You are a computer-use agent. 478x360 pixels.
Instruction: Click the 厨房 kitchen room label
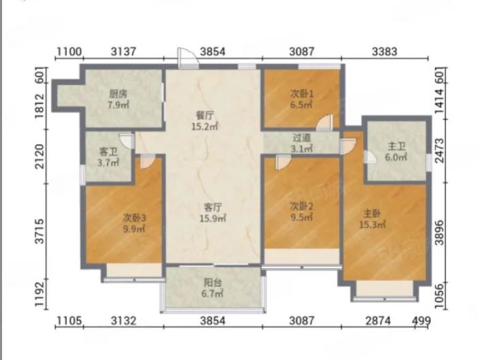tap(118, 94)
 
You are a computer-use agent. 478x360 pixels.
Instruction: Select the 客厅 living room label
tap(212, 208)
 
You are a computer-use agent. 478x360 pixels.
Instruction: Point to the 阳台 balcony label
tap(212, 283)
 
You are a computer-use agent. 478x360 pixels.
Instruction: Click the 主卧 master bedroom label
tap(372, 214)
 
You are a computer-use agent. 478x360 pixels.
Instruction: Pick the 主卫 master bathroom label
tap(396, 146)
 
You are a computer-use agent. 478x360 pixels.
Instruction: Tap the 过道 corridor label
tap(302, 138)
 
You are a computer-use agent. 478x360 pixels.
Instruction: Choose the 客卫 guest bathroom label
tap(108, 152)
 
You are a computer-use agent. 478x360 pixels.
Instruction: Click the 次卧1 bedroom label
tap(302, 94)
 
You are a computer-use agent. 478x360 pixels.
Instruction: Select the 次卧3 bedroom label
tap(134, 218)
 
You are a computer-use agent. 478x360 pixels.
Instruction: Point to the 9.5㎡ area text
tap(302, 218)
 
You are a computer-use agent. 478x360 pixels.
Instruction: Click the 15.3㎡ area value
tap(372, 225)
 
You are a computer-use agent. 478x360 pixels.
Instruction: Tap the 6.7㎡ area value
tap(212, 294)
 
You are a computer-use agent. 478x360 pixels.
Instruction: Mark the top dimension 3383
tap(385, 52)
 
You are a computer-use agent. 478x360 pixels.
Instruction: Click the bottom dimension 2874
tap(378, 321)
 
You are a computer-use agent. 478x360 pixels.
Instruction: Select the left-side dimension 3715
tap(40, 231)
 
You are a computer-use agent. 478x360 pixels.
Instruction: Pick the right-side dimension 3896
tap(439, 233)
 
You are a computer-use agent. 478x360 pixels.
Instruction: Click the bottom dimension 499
tap(421, 321)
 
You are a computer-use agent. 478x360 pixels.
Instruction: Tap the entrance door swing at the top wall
tap(188, 58)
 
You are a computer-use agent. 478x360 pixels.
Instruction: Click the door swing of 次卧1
tap(325, 122)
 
